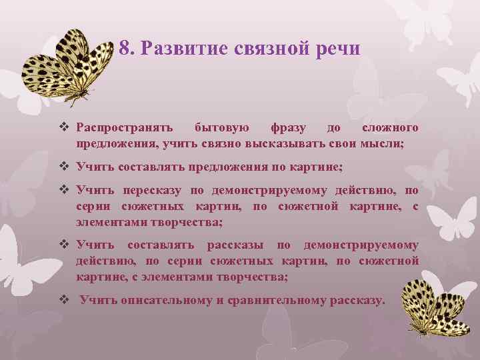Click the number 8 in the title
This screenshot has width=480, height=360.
[x=125, y=49]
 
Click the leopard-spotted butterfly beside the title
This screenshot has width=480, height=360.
[x=67, y=67]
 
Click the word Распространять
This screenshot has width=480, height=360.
[x=125, y=127]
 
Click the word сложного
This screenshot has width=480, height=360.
[x=390, y=127]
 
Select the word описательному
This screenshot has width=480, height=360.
[x=166, y=300]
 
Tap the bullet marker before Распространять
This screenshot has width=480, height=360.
[x=65, y=127]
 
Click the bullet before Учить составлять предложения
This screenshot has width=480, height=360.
[x=65, y=167]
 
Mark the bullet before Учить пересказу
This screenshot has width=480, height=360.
[x=65, y=191]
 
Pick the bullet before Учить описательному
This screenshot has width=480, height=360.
[x=65, y=300]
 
